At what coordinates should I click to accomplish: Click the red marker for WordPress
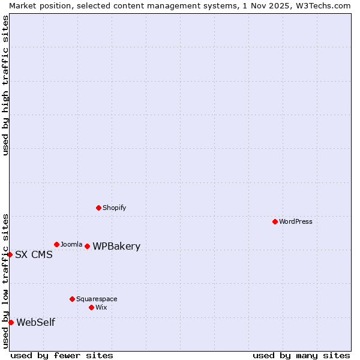coord(275,221)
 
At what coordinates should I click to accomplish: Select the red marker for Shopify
coord(98,208)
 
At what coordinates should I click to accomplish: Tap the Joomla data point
coord(56,244)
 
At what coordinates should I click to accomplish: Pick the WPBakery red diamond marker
coord(87,246)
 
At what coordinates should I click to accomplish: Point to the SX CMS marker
coord(10,254)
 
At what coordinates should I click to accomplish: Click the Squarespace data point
coord(72,299)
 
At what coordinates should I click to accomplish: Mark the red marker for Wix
coord(91,307)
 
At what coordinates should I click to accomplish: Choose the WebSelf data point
coord(11,322)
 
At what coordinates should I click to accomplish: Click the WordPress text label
coord(296,221)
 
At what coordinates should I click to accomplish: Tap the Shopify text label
coord(114,208)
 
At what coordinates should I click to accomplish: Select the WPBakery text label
coord(116,246)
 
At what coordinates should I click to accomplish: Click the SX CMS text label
coord(34,254)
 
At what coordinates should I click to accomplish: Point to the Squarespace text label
coord(97,299)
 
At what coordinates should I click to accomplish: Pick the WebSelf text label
coord(35,322)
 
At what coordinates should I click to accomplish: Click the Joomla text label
coord(71,244)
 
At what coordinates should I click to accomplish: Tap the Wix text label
coord(101,307)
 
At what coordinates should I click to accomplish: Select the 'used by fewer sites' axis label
coord(62,355)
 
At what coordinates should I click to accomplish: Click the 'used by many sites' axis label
coord(301,355)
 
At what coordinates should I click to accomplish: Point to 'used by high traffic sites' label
coord(5,85)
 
